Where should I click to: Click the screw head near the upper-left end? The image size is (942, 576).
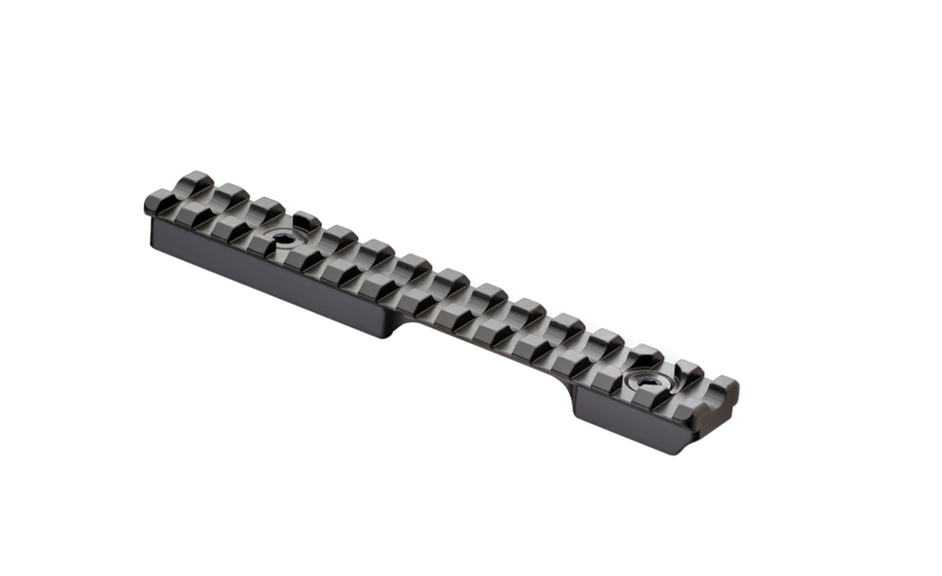[280, 237]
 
